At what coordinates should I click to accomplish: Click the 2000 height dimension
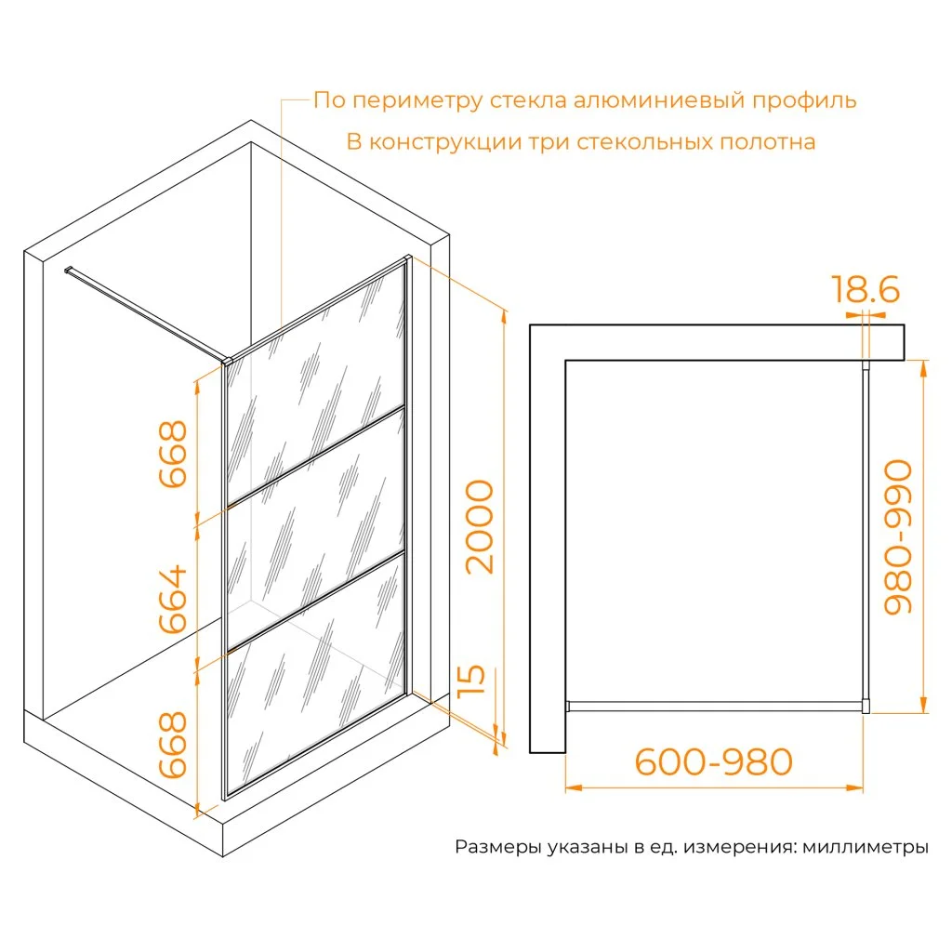click(x=480, y=526)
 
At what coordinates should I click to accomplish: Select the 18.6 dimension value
click(x=865, y=289)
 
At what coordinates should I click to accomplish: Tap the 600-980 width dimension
click(x=713, y=761)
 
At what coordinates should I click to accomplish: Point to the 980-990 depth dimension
click(x=898, y=536)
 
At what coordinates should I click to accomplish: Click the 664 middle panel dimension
click(x=172, y=600)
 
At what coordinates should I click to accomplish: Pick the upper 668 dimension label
click(x=172, y=454)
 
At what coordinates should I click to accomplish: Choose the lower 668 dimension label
click(x=172, y=745)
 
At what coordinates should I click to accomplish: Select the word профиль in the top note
click(x=804, y=100)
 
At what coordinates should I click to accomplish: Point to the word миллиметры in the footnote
click(x=866, y=846)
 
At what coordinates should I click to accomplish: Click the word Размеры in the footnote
click(x=498, y=846)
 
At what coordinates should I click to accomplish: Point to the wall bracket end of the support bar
click(x=67, y=270)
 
